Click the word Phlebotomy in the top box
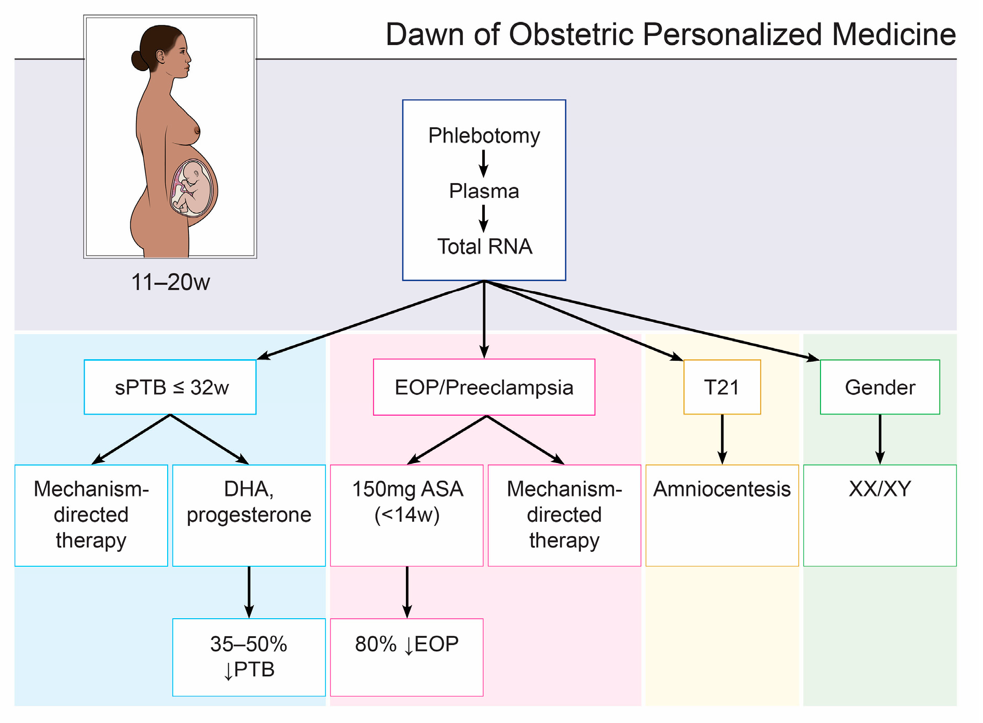point(484,136)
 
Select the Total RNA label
point(484,247)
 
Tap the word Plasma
point(484,191)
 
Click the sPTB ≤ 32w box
point(170,387)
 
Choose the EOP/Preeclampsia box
point(484,387)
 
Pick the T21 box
point(722,387)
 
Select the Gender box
point(880,387)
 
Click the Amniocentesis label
point(721,489)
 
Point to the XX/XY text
point(880,489)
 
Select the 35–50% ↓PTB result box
point(249,657)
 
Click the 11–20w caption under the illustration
point(170,282)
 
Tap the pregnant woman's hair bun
point(140,60)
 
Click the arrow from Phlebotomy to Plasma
point(484,163)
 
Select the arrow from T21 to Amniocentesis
point(722,439)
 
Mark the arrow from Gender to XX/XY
point(880,439)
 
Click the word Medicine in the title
point(893,35)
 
